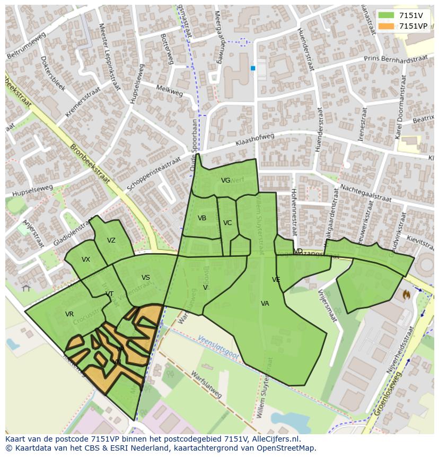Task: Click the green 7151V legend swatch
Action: tap(387, 15)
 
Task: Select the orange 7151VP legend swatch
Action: tap(387, 26)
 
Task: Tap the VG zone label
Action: tap(225, 180)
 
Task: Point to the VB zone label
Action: tap(202, 218)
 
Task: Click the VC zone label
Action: tap(227, 223)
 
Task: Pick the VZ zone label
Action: tap(111, 240)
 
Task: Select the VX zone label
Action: tap(86, 260)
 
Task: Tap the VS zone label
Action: tap(145, 278)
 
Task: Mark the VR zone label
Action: tap(69, 314)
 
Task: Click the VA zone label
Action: tap(265, 304)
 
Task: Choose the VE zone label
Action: tap(276, 280)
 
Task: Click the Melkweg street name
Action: tap(170, 91)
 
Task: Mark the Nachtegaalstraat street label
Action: tap(365, 193)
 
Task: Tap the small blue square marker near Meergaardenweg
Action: tap(253, 68)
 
